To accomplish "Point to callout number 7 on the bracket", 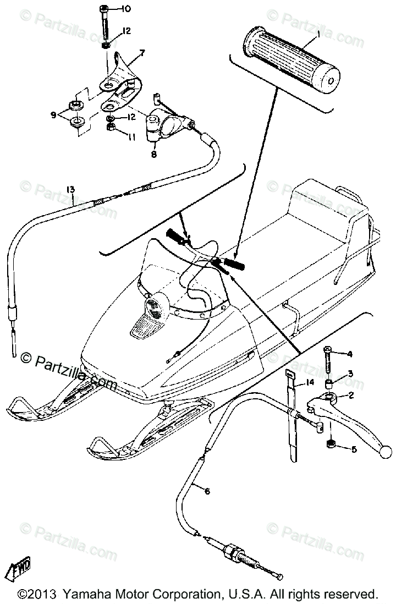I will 142,53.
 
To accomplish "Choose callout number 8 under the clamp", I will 153,155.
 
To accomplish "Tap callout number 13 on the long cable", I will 70,190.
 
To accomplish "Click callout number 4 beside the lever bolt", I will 349,354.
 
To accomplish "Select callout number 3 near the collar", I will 349,374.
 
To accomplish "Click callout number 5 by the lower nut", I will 354,449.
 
